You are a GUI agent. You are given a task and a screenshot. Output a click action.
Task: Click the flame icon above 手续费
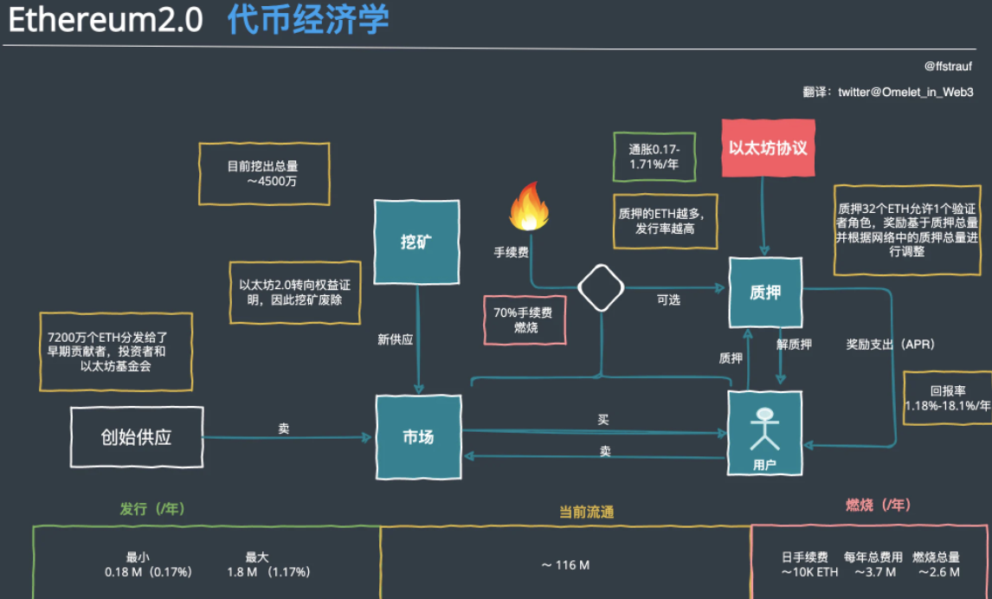click(x=530, y=207)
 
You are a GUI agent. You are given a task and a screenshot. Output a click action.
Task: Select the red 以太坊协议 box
click(x=768, y=148)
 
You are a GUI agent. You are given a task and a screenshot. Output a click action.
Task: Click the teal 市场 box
click(x=418, y=436)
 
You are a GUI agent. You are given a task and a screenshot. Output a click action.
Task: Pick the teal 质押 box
click(x=765, y=292)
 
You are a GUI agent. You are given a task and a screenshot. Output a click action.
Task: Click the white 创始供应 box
click(x=136, y=437)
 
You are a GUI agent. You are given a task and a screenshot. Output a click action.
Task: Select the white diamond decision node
click(x=601, y=288)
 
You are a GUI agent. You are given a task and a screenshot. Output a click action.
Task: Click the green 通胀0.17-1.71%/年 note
click(x=654, y=157)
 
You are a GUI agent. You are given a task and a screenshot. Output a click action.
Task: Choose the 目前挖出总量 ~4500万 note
click(x=263, y=173)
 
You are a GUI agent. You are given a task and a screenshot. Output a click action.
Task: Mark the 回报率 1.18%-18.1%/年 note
click(x=947, y=398)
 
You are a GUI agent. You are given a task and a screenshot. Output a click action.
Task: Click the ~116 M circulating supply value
click(x=565, y=565)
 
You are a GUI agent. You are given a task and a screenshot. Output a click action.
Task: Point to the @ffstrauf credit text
click(x=949, y=66)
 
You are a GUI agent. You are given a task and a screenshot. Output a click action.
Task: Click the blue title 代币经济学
click(x=308, y=20)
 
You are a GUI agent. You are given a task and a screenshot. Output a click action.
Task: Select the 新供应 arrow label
click(x=395, y=339)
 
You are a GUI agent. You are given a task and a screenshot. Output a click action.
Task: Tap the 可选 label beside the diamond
click(x=667, y=299)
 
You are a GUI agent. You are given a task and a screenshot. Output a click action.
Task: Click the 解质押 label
click(x=795, y=344)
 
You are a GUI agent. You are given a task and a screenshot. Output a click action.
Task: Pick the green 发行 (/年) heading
click(x=152, y=509)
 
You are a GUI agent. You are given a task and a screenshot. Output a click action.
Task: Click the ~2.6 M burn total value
click(x=937, y=572)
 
